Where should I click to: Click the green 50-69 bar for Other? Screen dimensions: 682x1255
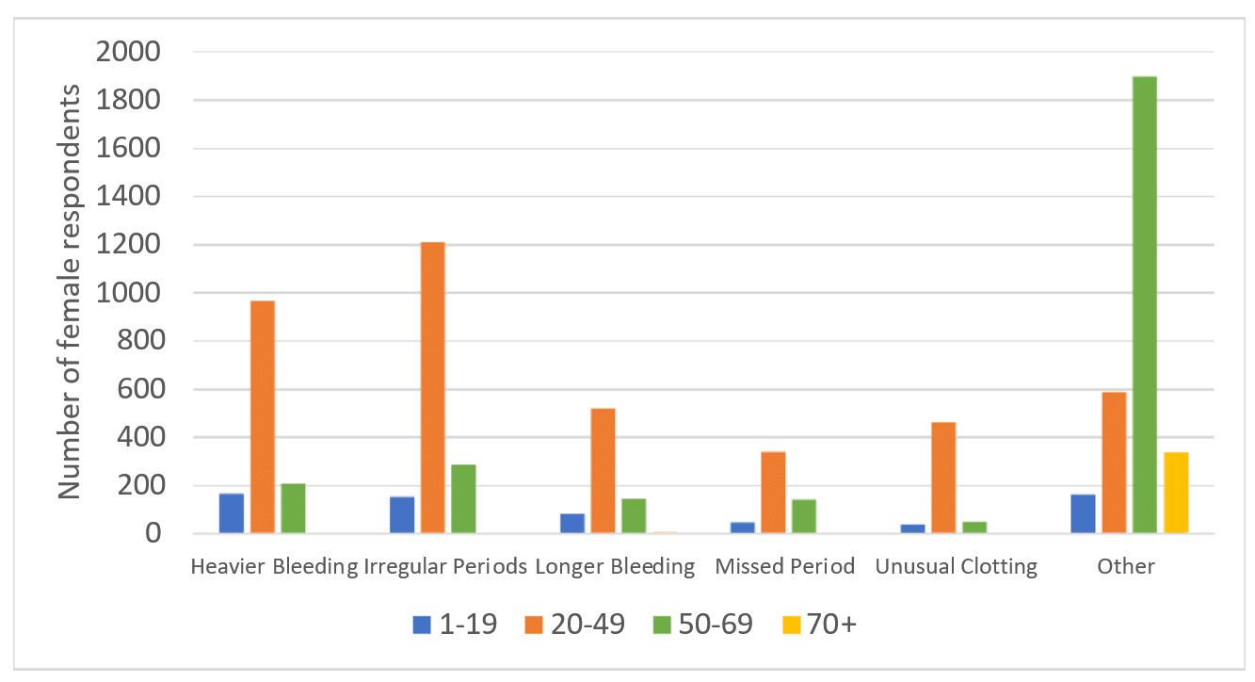(x=1144, y=305)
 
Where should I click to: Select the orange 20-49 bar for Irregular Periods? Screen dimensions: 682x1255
(x=433, y=388)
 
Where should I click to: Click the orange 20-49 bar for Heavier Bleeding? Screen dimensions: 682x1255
(x=263, y=417)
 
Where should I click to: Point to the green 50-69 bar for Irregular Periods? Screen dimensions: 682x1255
(x=463, y=499)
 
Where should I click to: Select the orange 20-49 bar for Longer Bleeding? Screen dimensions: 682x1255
(x=603, y=471)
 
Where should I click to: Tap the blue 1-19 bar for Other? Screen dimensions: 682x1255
(x=1083, y=513)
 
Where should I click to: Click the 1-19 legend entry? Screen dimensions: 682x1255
(x=455, y=625)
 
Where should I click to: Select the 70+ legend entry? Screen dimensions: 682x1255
(x=819, y=625)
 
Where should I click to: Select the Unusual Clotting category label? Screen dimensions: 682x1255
(x=956, y=566)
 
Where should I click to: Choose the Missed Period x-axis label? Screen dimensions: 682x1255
(x=785, y=566)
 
